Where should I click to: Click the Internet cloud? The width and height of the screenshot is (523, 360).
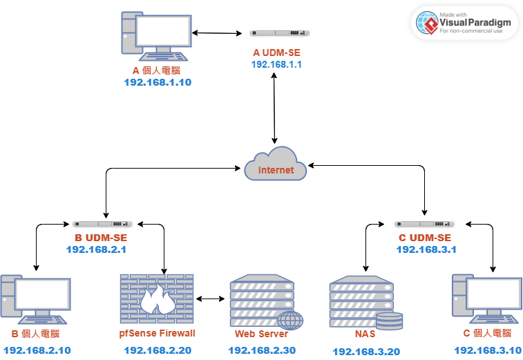tap(276, 164)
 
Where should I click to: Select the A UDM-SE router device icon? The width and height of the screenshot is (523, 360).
tap(280, 32)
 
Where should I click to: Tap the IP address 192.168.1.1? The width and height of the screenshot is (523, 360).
tap(276, 64)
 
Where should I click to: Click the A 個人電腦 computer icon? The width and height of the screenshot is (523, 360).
tap(156, 37)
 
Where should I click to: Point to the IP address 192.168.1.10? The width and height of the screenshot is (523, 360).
tap(158, 82)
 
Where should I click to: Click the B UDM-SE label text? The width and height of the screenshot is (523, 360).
tap(101, 238)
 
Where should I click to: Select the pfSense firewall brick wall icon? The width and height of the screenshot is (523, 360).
tap(157, 299)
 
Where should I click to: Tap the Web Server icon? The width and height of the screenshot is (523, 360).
tap(267, 302)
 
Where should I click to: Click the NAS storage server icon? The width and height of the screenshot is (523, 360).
tap(366, 303)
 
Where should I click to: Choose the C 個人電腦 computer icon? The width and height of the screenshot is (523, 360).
tap(487, 299)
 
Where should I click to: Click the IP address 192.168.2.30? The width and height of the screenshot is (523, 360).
tap(262, 350)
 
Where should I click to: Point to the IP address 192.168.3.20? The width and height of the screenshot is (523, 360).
tap(367, 351)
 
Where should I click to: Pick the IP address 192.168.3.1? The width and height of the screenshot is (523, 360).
tap(426, 249)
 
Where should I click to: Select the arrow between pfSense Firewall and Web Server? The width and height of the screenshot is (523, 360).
tap(210, 299)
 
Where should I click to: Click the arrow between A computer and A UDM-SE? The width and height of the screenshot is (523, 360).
tap(217, 33)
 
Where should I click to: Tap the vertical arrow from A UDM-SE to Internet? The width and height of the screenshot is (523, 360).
tap(274, 108)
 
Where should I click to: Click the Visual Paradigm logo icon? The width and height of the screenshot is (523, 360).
tap(427, 23)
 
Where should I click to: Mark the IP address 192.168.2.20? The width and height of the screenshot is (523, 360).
tap(158, 350)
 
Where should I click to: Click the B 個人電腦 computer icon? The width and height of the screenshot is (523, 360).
tap(36, 299)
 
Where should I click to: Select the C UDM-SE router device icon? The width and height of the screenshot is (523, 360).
tap(424, 224)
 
